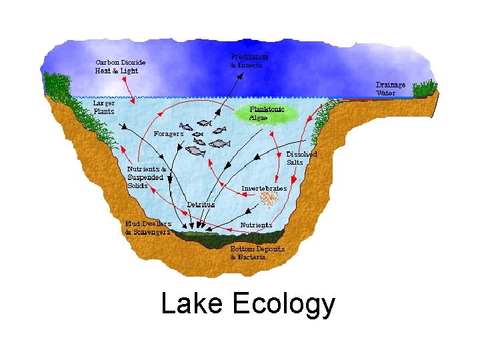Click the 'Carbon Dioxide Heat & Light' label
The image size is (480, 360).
coord(120,67)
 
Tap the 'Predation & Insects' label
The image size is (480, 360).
coord(250,61)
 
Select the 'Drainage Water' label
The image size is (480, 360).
coord(390,89)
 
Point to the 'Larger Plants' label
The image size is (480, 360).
coord(103,107)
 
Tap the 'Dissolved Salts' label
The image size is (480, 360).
coord(301,158)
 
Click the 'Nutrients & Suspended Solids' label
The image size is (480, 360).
coord(147,177)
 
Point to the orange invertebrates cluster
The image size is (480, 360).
coord(269,199)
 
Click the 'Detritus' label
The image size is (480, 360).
coord(201,205)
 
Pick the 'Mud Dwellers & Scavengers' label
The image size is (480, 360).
coord(148,228)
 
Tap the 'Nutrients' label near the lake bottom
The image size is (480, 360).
coord(257,225)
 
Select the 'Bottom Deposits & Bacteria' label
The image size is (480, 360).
coord(257,253)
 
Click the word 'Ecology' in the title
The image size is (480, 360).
coord(283,305)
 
